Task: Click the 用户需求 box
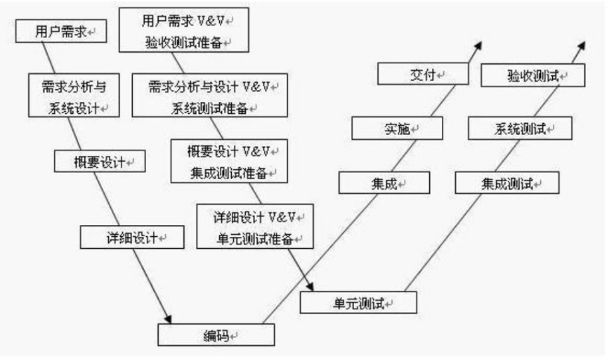(60, 33)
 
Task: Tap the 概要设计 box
(100, 161)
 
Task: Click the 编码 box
(216, 335)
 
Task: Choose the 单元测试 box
(358, 302)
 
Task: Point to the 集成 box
(384, 182)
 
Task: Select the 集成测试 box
(507, 182)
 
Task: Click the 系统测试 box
(520, 129)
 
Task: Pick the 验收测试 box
(533, 75)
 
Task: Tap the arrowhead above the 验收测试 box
(583, 46)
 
